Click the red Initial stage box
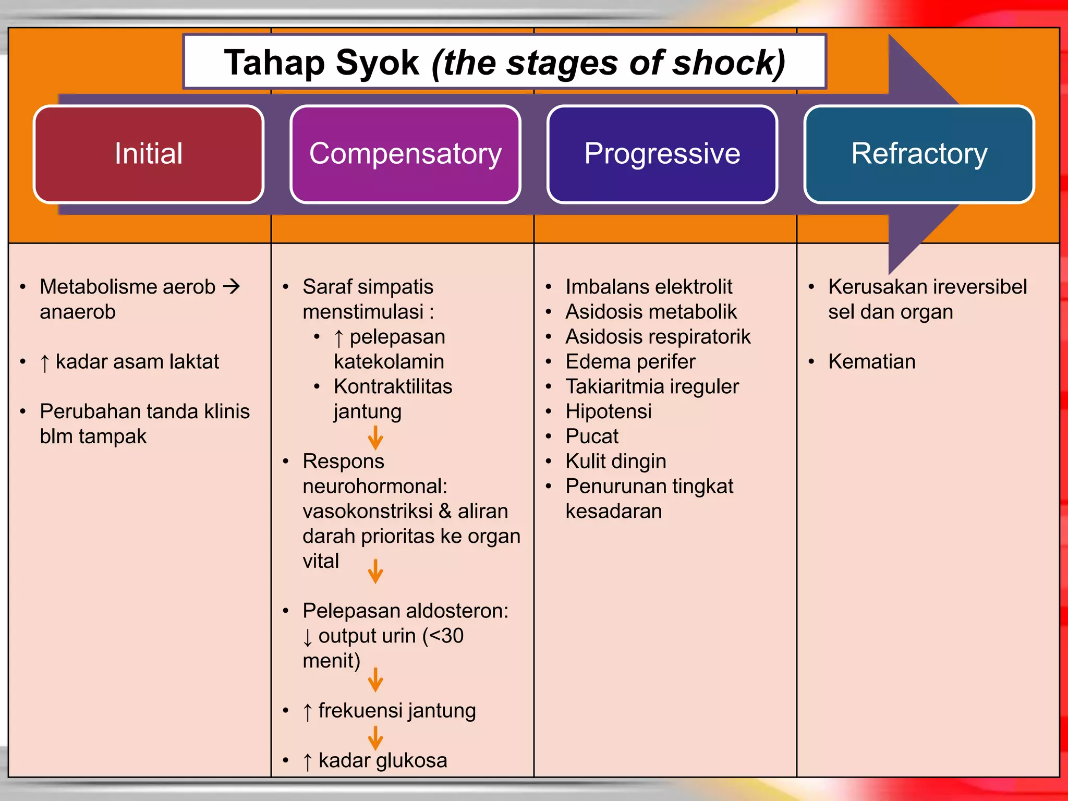[x=149, y=154]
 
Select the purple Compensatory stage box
[x=405, y=154]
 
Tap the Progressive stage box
[x=662, y=154]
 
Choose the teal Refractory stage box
[x=919, y=154]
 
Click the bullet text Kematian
[x=871, y=361]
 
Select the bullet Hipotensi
[x=608, y=411]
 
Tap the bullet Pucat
[x=592, y=436]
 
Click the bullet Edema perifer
[x=630, y=361]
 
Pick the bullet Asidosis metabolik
[x=651, y=312]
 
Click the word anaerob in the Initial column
[x=78, y=312]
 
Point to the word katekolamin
[x=389, y=361]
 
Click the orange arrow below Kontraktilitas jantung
[x=375, y=438]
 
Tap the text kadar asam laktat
[x=137, y=361]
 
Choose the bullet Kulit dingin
[x=615, y=462]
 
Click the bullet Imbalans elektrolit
[x=649, y=287]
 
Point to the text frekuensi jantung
[x=397, y=711]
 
